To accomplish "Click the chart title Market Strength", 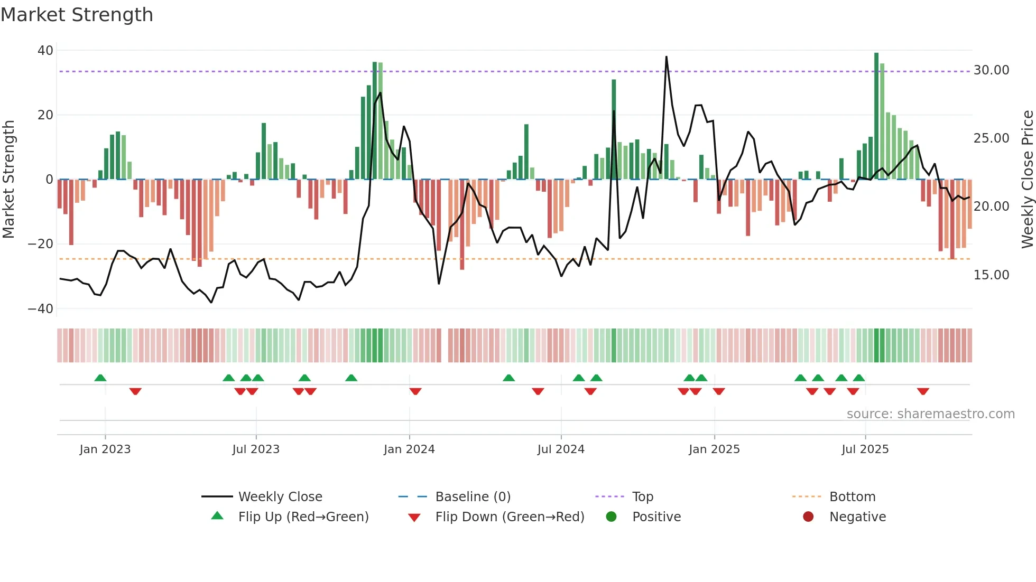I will (77, 15).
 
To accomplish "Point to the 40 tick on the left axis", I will (45, 51).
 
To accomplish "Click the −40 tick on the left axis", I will (41, 309).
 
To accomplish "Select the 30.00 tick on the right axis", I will (991, 70).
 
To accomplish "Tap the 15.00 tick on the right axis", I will (991, 275).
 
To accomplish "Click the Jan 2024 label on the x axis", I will (409, 449).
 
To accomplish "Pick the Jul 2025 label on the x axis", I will (865, 449).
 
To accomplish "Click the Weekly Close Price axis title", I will (1027, 180).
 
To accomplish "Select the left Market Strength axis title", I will (8, 180).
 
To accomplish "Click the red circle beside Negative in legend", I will (808, 517).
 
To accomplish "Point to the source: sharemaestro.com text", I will (930, 414).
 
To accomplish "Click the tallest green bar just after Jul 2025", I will (876, 116).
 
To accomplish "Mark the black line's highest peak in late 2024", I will (666, 57).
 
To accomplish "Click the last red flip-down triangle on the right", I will (923, 391).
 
